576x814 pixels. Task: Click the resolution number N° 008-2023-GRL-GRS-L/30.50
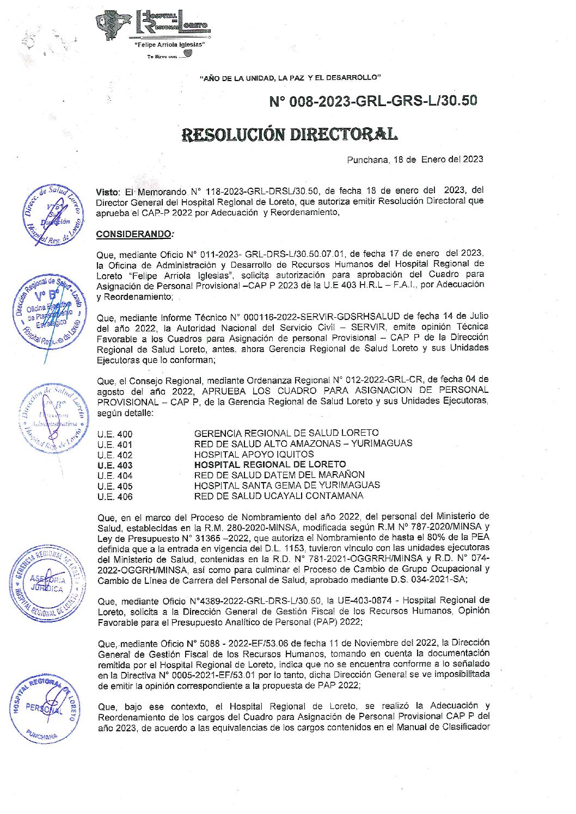[373, 101]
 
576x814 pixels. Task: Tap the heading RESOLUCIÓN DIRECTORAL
[289, 134]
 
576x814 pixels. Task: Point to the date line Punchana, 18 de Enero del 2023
[415, 159]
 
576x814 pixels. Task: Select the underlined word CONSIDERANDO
[134, 234]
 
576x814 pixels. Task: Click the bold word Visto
[107, 192]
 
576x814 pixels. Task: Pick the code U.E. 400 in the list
[115, 434]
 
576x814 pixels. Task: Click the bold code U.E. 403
[115, 465]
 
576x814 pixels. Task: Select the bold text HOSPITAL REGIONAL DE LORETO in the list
[270, 465]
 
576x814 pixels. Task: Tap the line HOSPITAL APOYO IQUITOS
[254, 454]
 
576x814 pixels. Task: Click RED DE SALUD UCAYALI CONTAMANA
[278, 496]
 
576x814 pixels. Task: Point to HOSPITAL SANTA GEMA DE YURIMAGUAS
[287, 485]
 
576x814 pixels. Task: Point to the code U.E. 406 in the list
[115, 496]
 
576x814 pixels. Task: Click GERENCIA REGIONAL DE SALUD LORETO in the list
[286, 434]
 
